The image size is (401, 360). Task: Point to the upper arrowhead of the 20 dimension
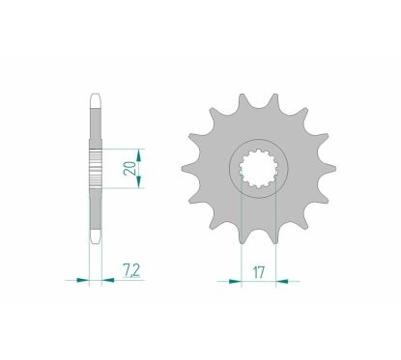141,153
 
